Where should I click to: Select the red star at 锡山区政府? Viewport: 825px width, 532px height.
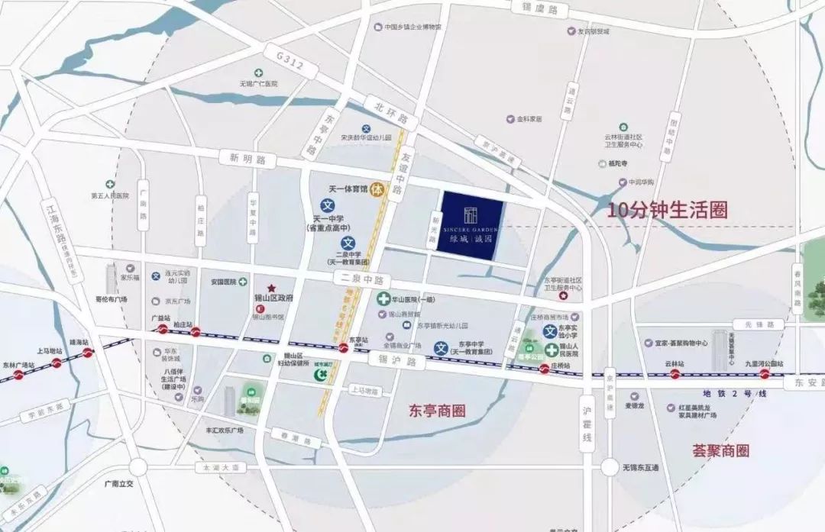[x=270, y=286]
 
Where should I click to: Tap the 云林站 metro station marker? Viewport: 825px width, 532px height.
[x=675, y=374]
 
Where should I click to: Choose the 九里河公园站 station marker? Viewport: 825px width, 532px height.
[x=764, y=374]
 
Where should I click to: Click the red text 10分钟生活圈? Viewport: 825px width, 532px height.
[x=667, y=210]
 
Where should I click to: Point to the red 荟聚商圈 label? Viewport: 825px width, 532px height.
[x=720, y=450]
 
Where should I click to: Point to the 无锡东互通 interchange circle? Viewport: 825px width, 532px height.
[x=609, y=466]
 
